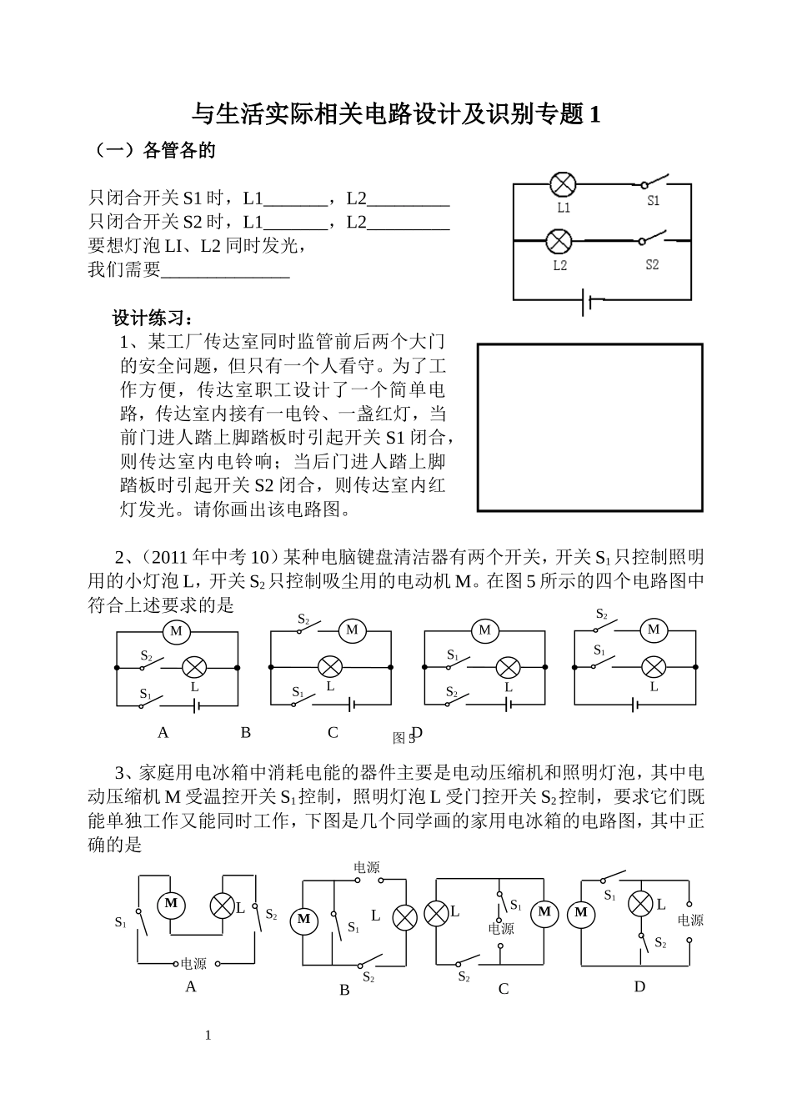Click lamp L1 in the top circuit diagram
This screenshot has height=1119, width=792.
click(x=564, y=184)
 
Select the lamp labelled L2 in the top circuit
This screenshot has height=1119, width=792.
click(x=558, y=242)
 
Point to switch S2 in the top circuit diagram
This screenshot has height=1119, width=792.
click(x=654, y=240)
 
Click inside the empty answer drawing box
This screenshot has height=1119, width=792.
click(x=589, y=427)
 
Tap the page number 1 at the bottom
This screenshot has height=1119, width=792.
click(x=208, y=1036)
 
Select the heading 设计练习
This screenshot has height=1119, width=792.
click(x=153, y=319)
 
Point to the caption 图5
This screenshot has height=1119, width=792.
click(x=404, y=738)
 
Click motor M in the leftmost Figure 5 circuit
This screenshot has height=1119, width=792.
click(x=176, y=631)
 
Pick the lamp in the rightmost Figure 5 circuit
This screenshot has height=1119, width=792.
click(x=654, y=666)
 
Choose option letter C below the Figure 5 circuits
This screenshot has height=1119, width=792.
click(x=333, y=733)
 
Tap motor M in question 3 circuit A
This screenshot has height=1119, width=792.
click(x=171, y=904)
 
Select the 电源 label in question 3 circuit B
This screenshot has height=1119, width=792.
click(x=367, y=867)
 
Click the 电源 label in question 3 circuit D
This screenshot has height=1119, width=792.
click(x=690, y=921)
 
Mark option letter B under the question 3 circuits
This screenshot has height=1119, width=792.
click(x=344, y=991)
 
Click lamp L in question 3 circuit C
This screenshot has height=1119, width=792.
click(x=436, y=913)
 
